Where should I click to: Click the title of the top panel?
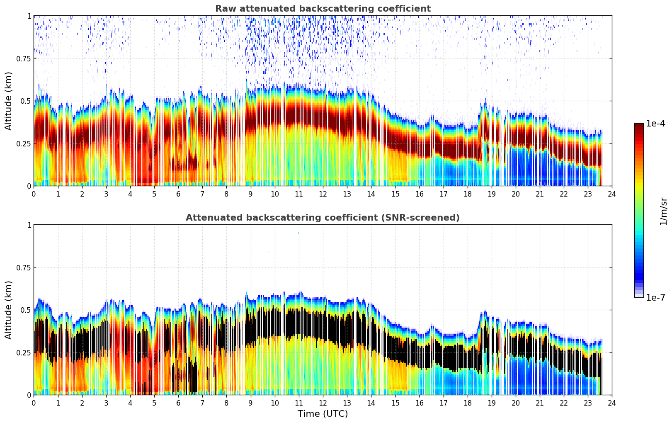(x=323, y=9)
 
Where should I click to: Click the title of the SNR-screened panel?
(x=323, y=218)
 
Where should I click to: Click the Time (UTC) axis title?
(x=323, y=414)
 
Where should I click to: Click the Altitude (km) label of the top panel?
(x=9, y=101)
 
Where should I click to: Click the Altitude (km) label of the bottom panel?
(x=9, y=310)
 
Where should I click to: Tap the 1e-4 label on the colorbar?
(x=655, y=124)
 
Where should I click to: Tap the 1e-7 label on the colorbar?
(x=655, y=297)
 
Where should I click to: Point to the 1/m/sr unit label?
(x=663, y=211)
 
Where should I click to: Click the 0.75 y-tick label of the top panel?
(x=24, y=58)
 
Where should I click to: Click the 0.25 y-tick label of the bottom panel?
(x=24, y=352)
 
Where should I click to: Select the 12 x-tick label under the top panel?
(x=323, y=194)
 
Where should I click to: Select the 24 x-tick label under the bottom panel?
(x=612, y=403)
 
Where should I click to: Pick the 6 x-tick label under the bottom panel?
(x=178, y=403)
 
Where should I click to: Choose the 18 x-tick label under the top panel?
(x=467, y=194)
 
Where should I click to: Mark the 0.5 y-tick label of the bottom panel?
(x=26, y=310)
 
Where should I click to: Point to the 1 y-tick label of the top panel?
(x=29, y=16)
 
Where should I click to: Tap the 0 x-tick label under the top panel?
(x=34, y=194)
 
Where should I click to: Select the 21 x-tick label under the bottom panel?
(x=539, y=403)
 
